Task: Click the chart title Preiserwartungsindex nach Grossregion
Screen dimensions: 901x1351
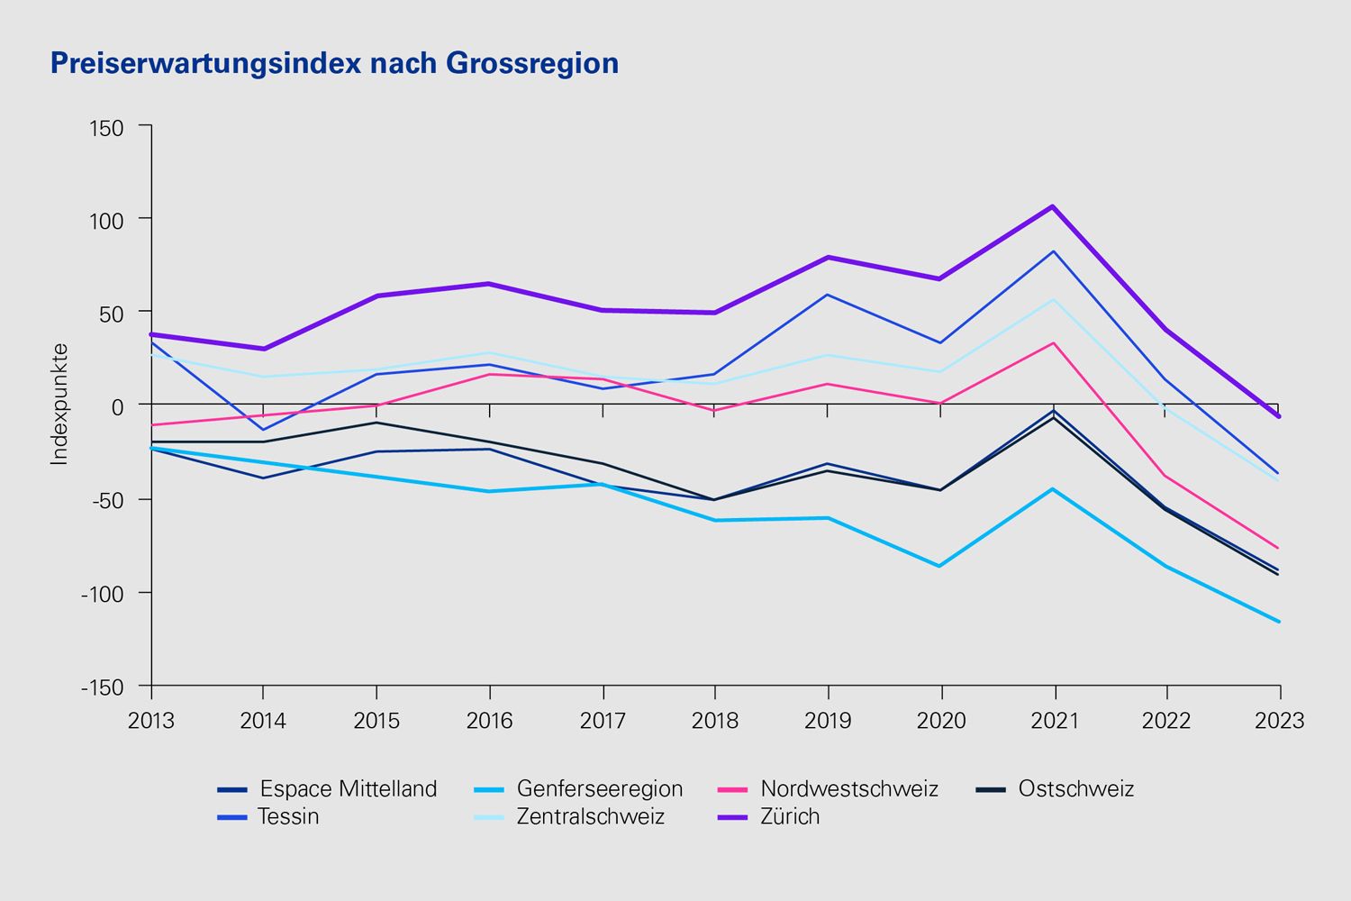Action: coord(334,63)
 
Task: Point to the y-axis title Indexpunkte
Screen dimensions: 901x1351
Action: coord(59,404)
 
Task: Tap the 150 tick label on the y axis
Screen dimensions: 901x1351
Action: coord(106,128)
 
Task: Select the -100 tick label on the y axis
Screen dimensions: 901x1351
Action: coord(102,594)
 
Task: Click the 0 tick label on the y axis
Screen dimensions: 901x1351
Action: coord(117,406)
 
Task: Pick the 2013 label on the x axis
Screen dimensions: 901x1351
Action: coord(151,721)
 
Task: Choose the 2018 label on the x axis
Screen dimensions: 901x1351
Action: coord(715,721)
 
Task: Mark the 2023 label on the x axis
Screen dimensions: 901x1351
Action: coord(1280,721)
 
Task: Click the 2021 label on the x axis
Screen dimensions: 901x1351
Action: coord(1054,721)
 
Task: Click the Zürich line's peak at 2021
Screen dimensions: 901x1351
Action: coord(1052,206)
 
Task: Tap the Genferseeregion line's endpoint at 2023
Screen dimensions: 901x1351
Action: coord(1279,622)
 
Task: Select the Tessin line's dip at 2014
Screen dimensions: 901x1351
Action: coord(263,430)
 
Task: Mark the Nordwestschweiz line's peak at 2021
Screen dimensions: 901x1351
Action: coord(1053,342)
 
